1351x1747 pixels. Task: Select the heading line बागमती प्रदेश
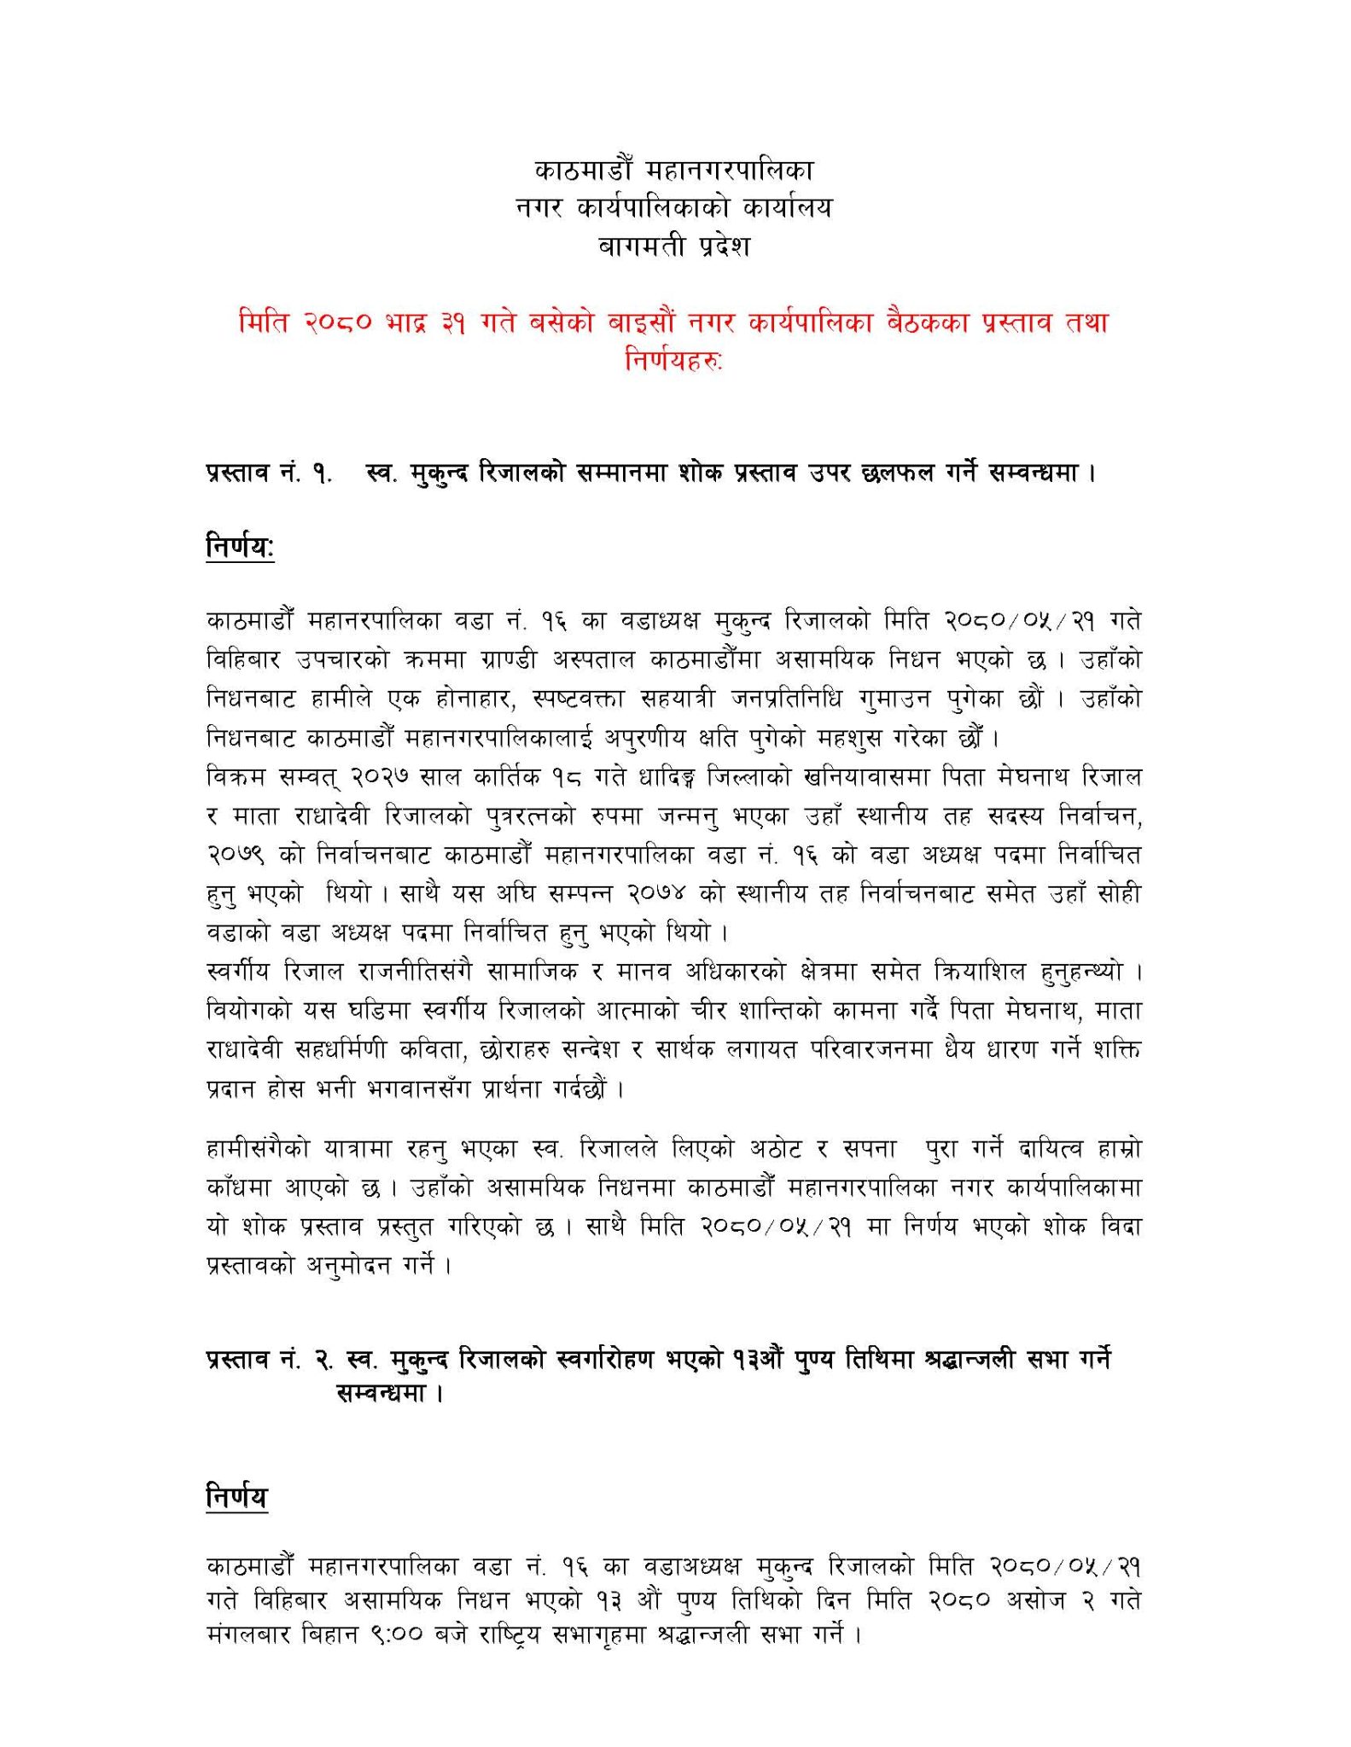(x=674, y=247)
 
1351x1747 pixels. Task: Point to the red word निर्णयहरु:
(x=674, y=362)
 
